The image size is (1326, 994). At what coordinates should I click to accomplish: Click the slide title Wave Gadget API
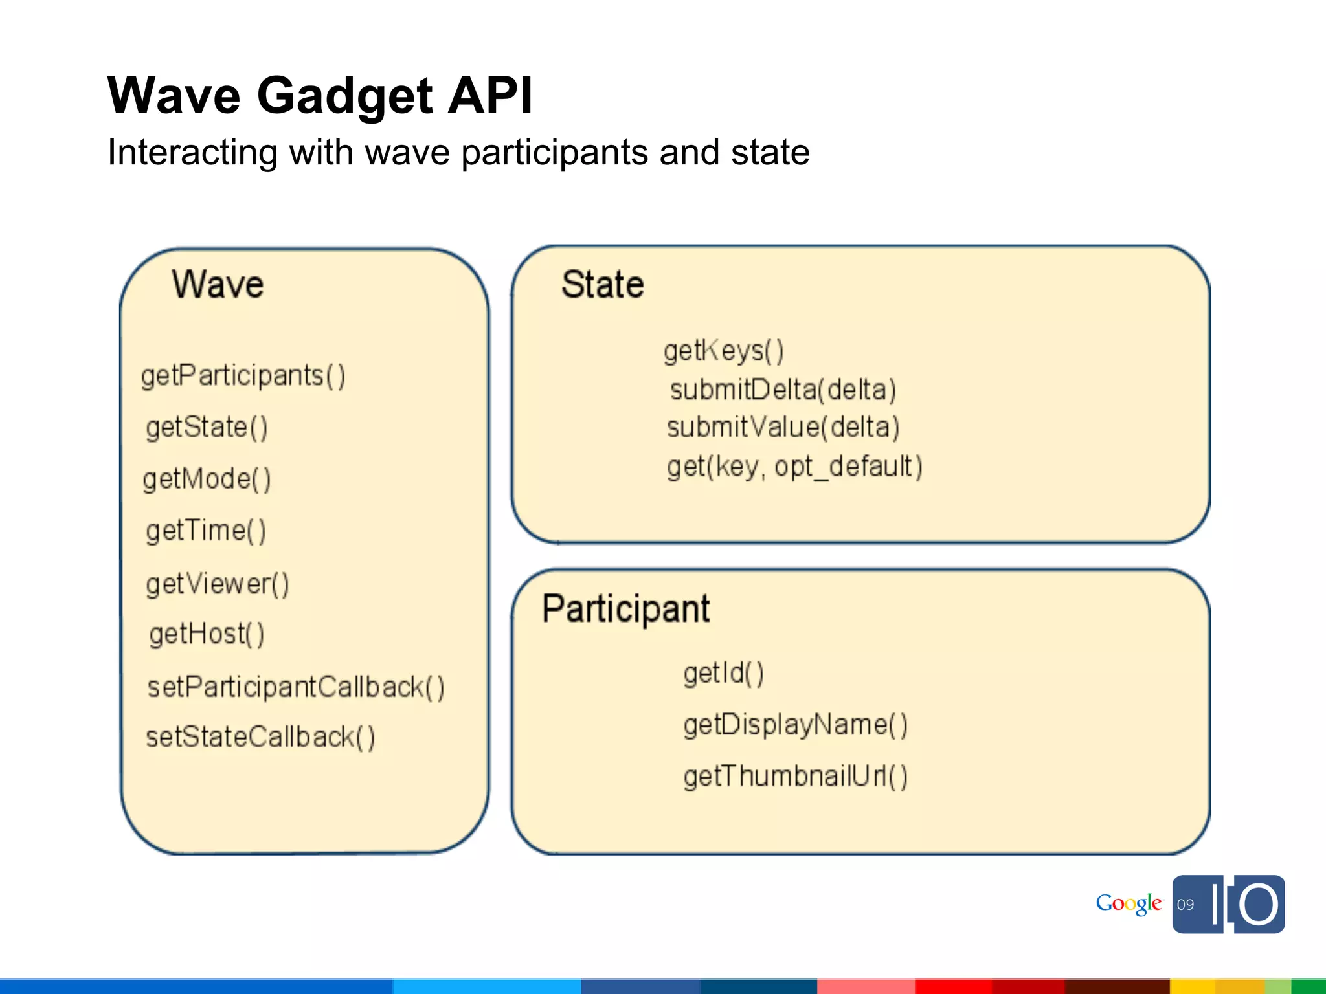click(x=320, y=96)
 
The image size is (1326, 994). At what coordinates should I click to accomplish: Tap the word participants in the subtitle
click(x=555, y=153)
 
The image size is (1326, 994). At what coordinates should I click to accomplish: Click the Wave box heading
click(x=218, y=284)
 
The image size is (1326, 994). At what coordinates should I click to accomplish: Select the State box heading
click(x=602, y=284)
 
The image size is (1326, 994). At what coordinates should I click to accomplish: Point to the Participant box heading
click(x=625, y=608)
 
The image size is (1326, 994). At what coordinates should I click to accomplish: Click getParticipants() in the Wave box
click(x=243, y=376)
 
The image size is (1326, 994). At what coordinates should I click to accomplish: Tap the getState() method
click(x=207, y=428)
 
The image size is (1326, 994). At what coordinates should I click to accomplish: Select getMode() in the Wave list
click(x=207, y=480)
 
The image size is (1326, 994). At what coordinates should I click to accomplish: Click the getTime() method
click(x=206, y=531)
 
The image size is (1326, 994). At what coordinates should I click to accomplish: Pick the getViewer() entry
click(x=218, y=584)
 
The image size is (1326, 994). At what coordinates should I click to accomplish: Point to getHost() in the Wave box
click(x=207, y=634)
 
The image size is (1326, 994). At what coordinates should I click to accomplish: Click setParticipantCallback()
click(x=296, y=687)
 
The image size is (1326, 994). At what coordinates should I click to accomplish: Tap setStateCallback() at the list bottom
click(x=260, y=738)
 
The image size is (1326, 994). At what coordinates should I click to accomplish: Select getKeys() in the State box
click(x=724, y=351)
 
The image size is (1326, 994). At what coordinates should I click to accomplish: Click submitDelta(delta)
click(x=783, y=390)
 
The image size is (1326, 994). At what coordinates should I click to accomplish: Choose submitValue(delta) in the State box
click(x=783, y=428)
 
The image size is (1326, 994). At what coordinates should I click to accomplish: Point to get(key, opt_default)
click(x=794, y=467)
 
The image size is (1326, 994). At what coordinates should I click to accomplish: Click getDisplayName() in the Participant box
click(x=796, y=725)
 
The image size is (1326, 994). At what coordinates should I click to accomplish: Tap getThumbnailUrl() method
click(x=796, y=777)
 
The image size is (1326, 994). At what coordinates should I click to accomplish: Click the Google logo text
click(x=1129, y=903)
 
